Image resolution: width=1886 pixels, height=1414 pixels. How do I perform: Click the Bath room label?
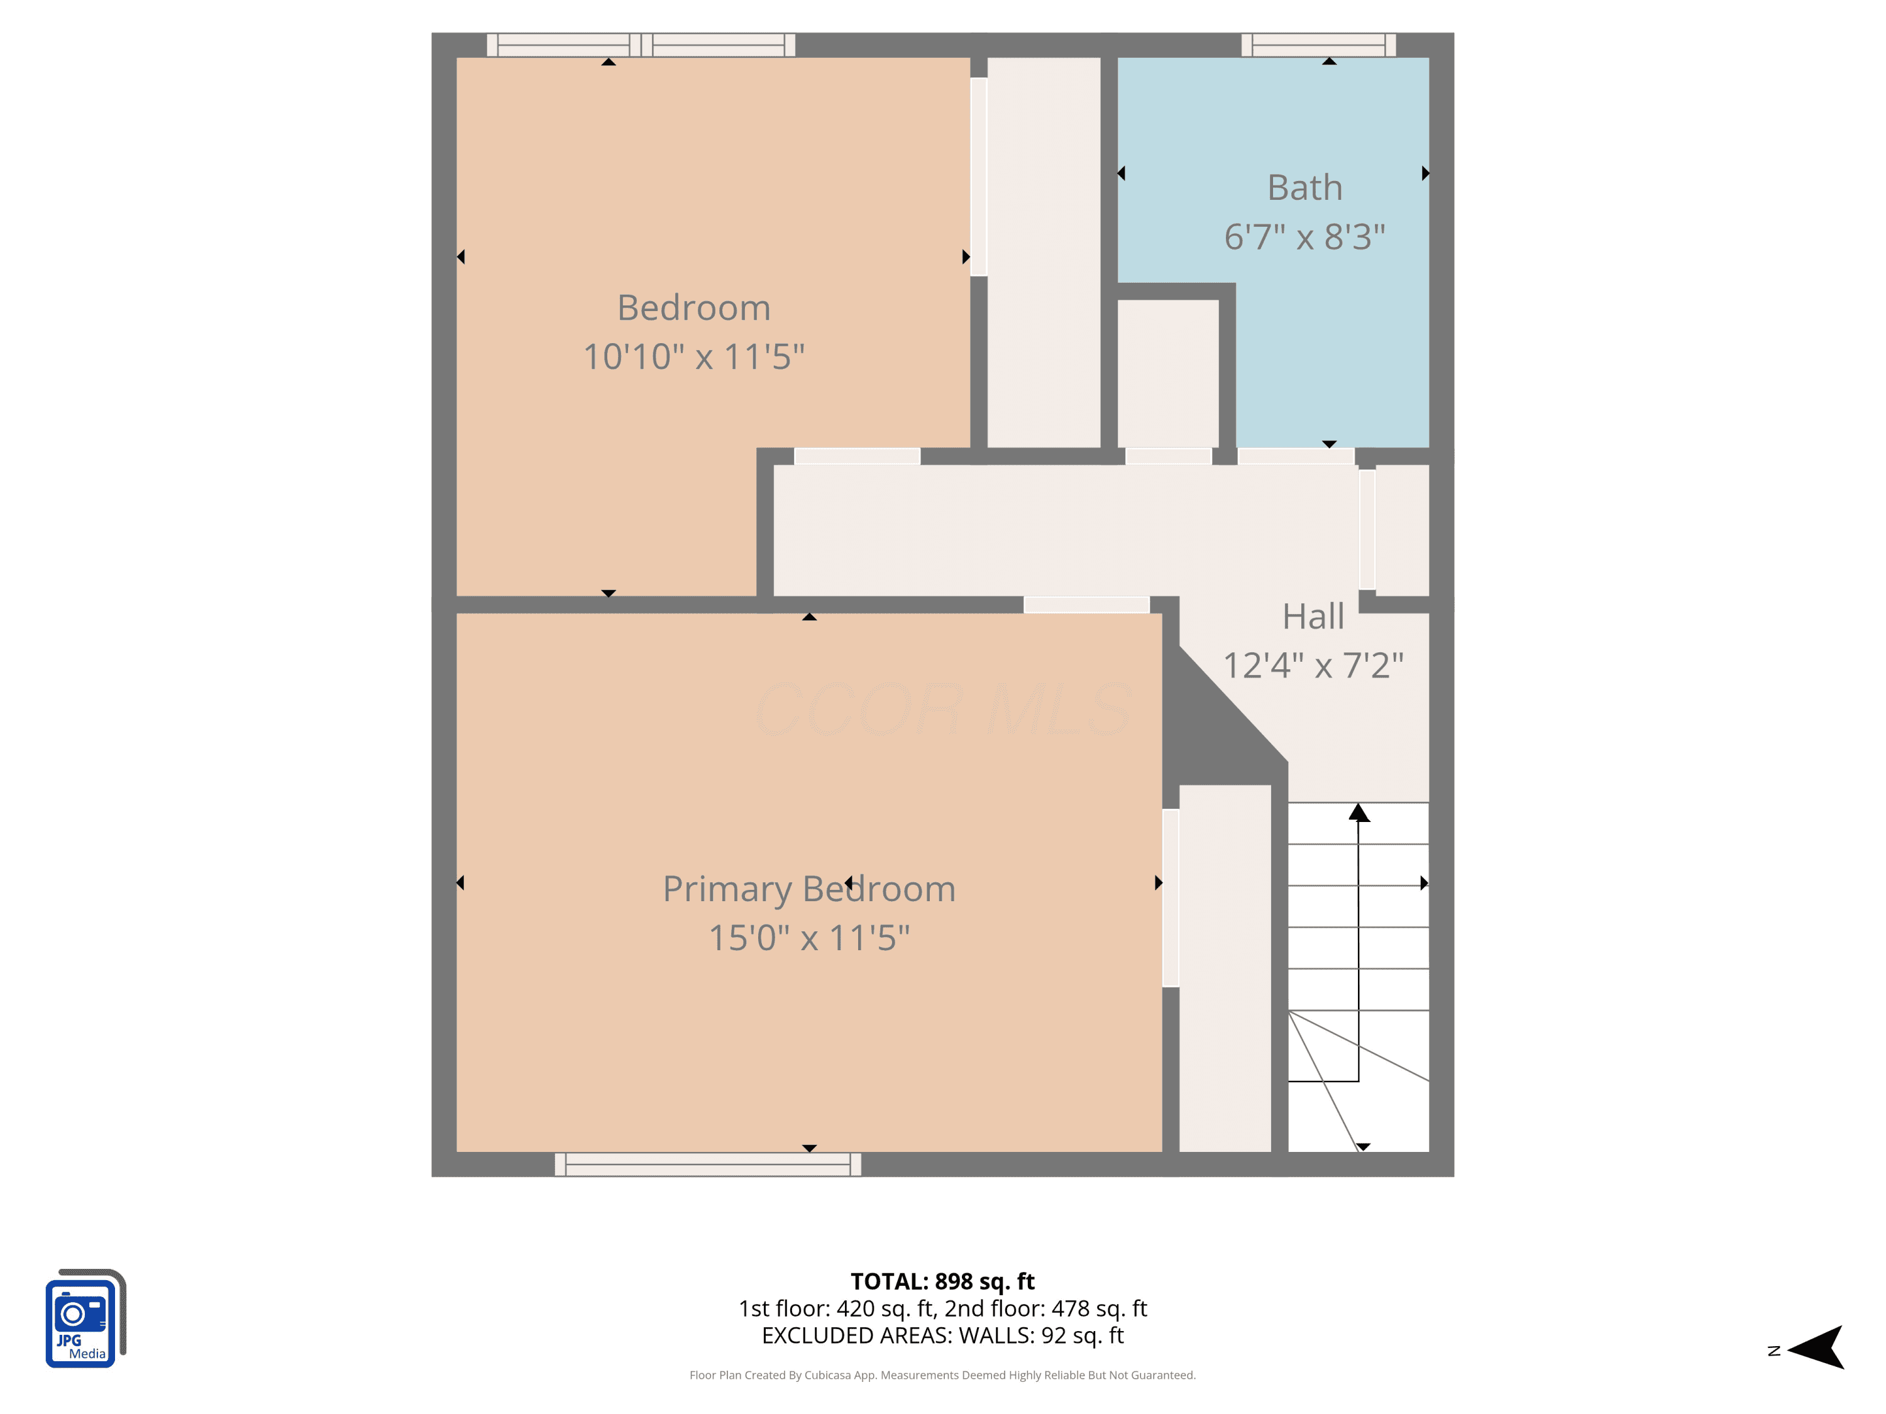coord(1304,187)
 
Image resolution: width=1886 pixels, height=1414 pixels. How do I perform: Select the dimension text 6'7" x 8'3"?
coord(1304,237)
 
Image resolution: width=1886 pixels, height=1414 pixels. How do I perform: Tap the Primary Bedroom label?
coord(809,890)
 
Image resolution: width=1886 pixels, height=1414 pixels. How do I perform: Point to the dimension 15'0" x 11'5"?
coord(809,938)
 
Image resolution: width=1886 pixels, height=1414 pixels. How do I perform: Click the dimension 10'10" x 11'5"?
coord(694,356)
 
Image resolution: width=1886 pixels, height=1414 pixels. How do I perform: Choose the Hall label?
coord(1313,617)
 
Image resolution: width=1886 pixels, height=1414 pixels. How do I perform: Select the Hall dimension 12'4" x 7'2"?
coord(1313,666)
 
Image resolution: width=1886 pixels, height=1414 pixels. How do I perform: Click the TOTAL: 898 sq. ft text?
coord(942,1281)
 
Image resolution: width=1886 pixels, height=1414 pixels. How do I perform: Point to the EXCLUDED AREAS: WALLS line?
coord(942,1335)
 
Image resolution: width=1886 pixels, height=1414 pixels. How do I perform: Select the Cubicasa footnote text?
coord(942,1375)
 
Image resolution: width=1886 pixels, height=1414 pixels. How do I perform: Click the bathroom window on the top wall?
coord(1318,45)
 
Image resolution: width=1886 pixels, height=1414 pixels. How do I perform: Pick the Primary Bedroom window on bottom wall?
coord(708,1165)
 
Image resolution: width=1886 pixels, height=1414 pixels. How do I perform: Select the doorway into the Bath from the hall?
coord(1296,457)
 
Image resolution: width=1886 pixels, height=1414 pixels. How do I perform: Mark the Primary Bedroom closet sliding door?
coord(1171,897)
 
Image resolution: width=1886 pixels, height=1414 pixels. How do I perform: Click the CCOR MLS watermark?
coord(944,709)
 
